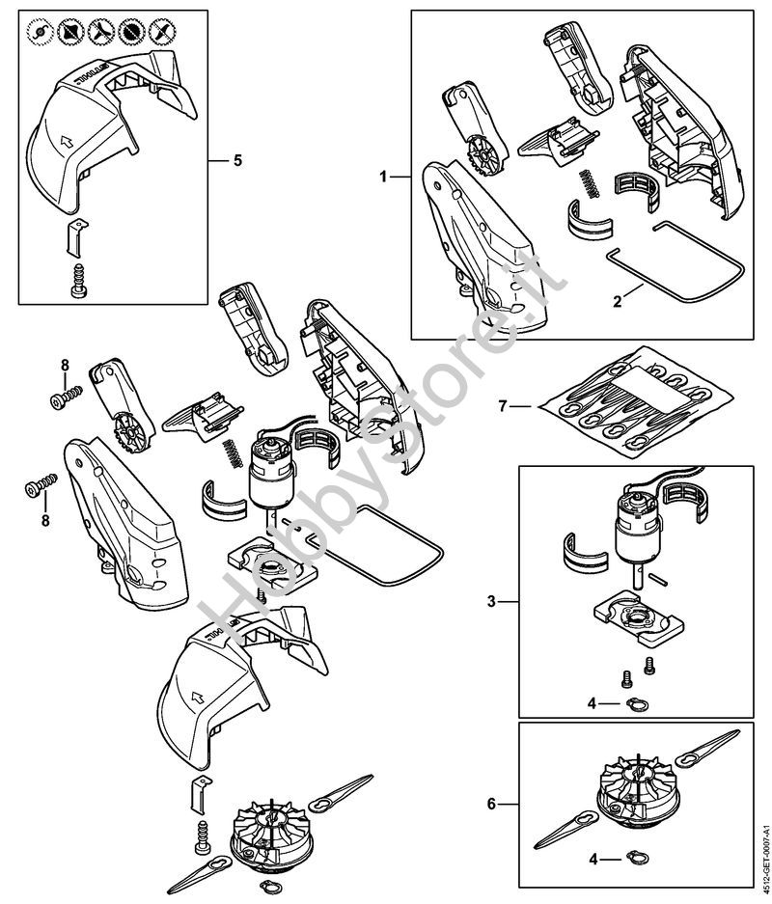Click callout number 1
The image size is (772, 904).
(x=383, y=177)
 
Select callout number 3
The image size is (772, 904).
(x=491, y=602)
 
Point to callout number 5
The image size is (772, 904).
(x=238, y=160)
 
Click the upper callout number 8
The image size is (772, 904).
(x=66, y=364)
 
